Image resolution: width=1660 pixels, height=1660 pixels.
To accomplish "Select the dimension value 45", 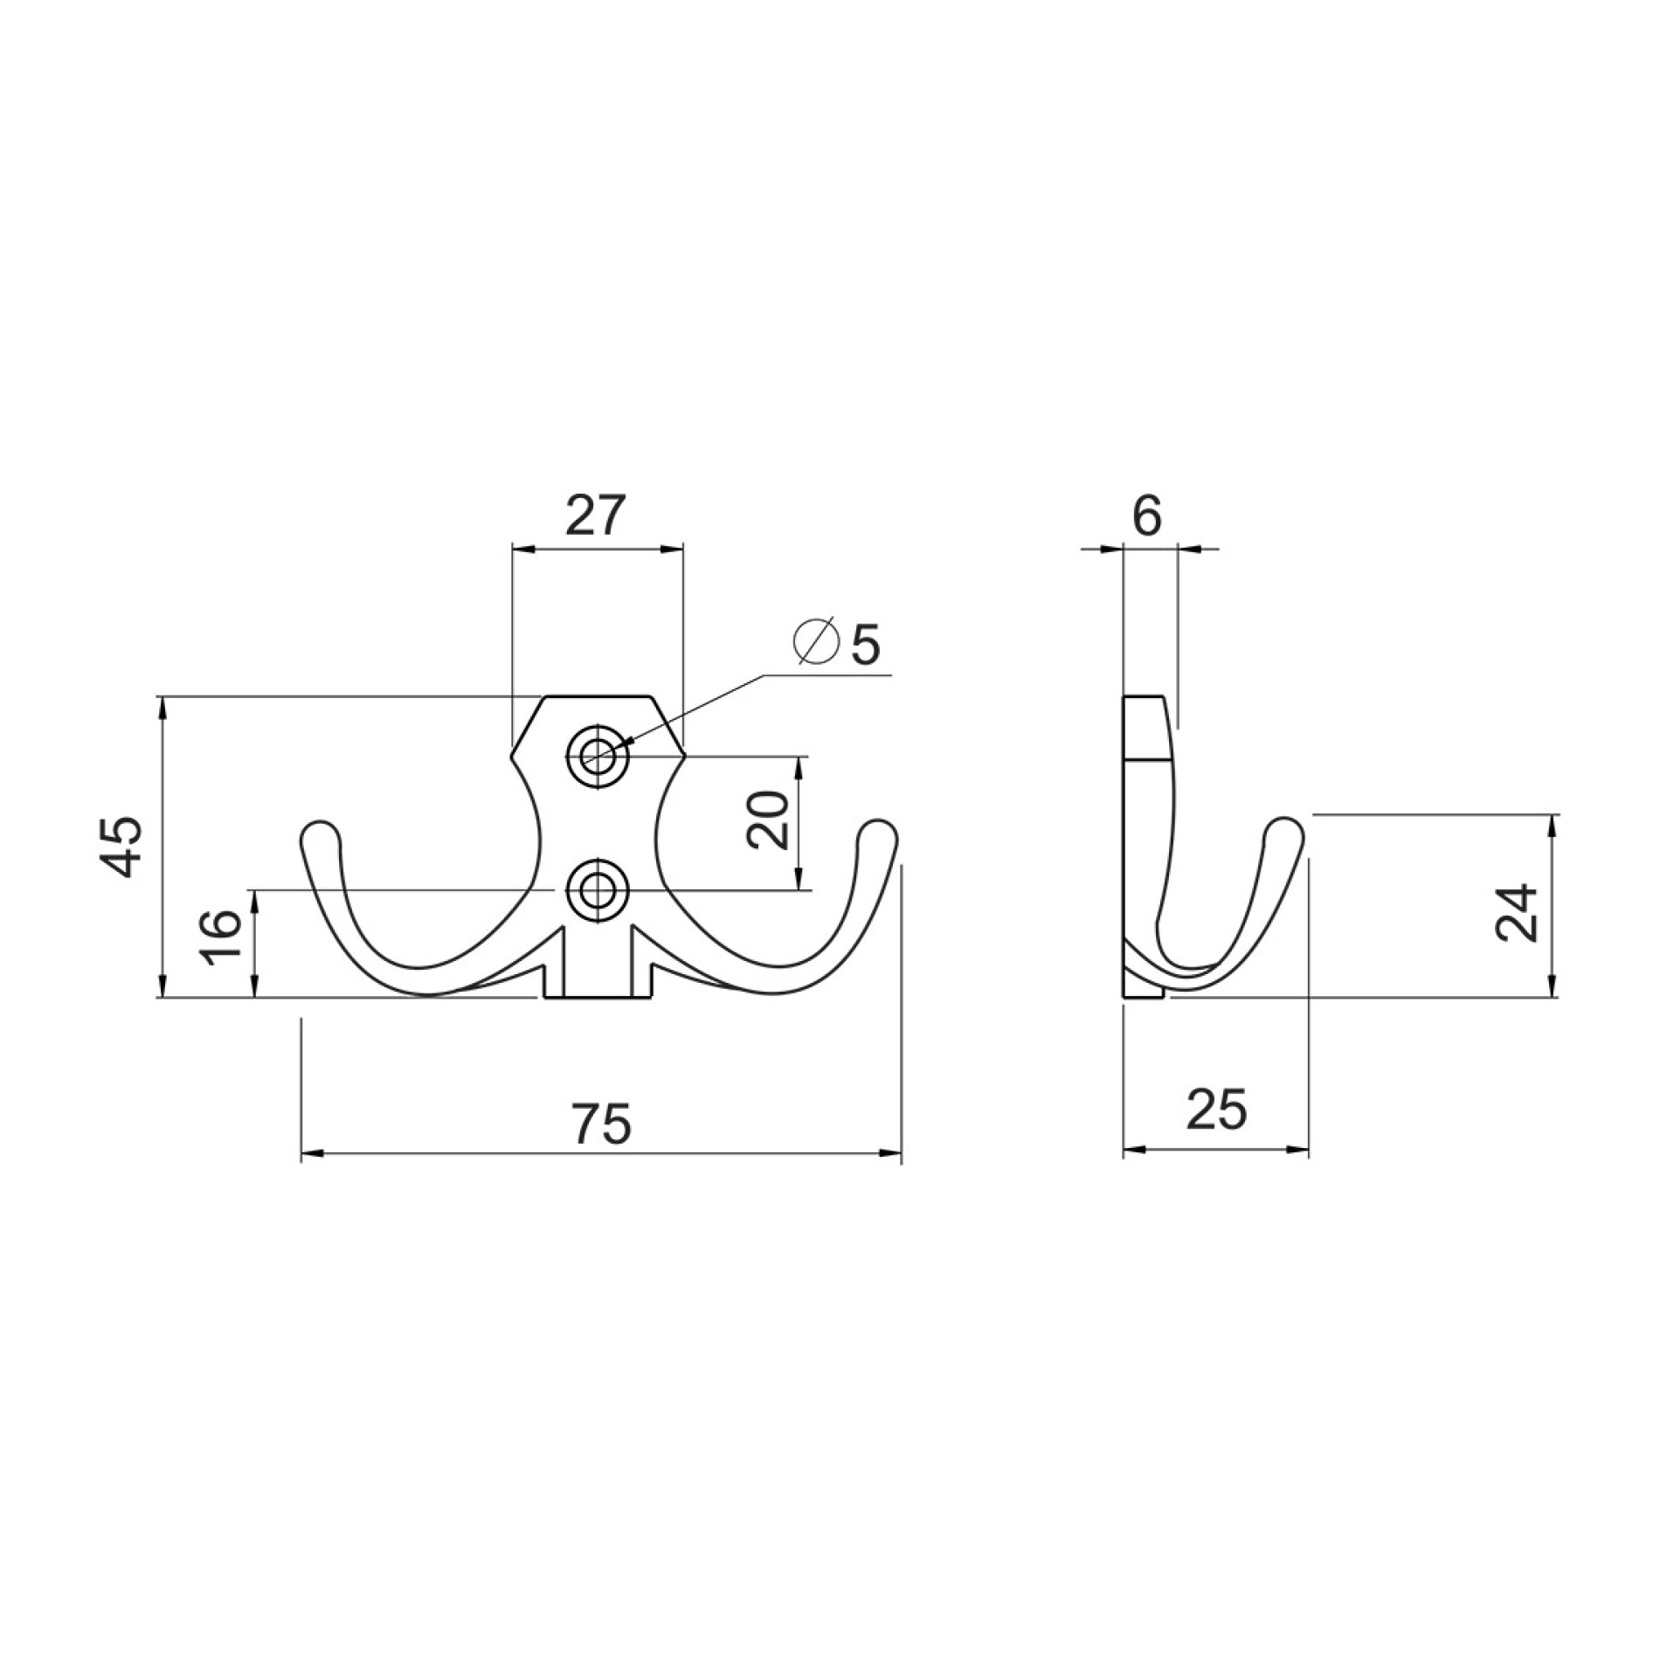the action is click(120, 846).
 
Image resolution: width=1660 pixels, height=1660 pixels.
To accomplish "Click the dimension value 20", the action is click(768, 820).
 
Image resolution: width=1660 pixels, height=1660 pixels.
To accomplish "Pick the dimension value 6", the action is click(1147, 515).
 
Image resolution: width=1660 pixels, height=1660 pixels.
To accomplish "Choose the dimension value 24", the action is click(1517, 912).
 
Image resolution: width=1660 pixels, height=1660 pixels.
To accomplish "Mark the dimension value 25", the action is click(1216, 1110).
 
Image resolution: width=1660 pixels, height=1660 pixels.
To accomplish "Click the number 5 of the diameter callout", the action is click(865, 645).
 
